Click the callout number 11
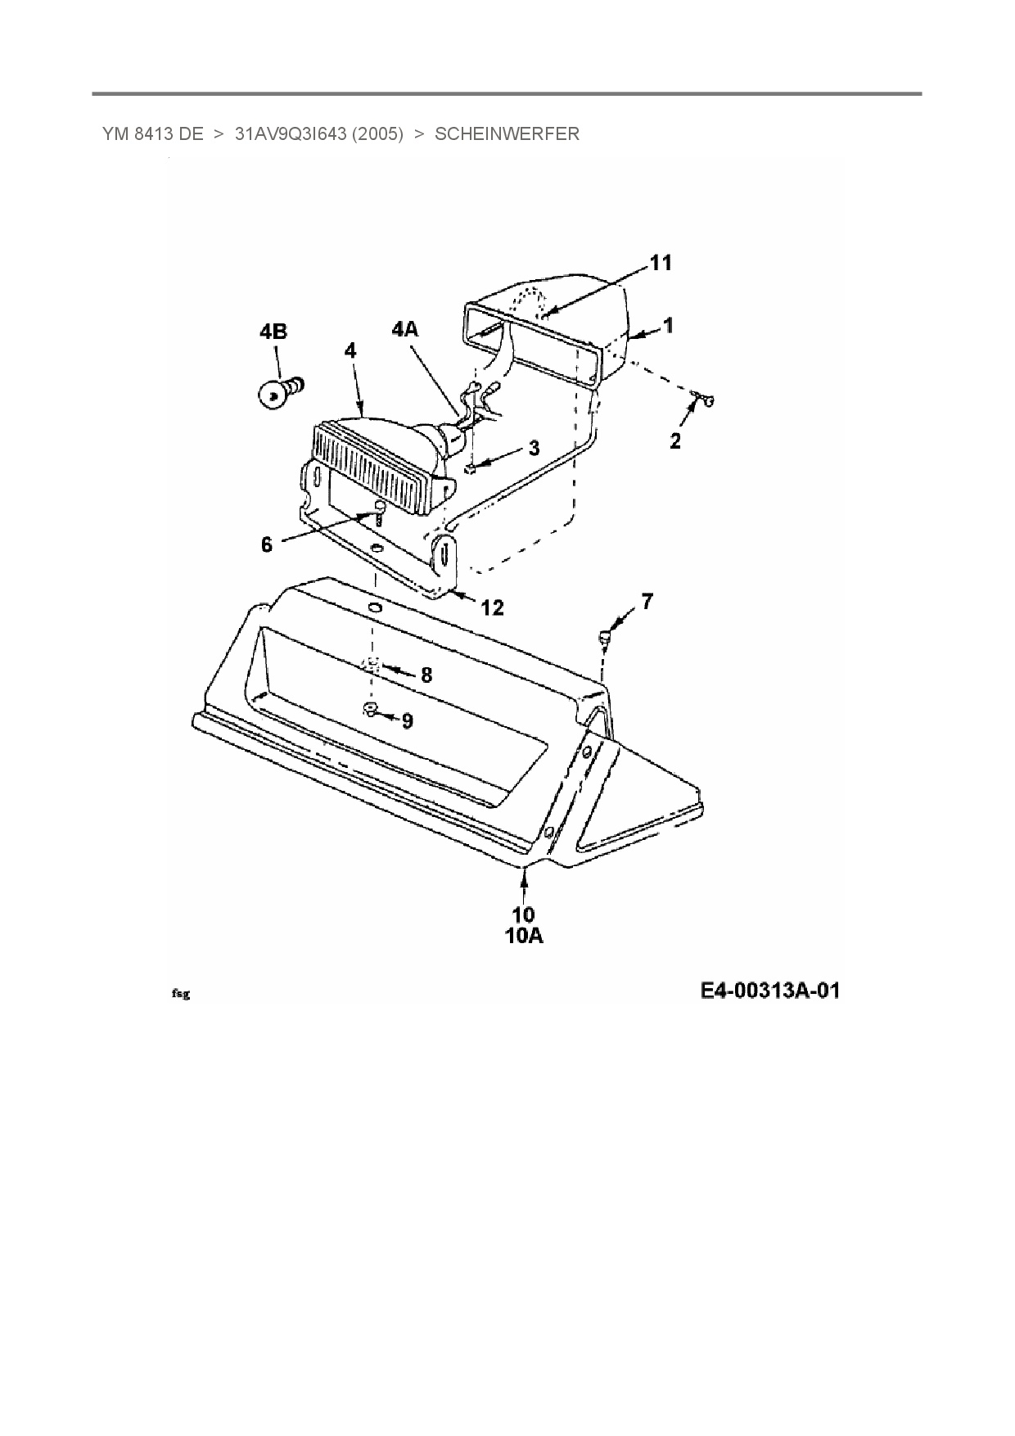(x=661, y=263)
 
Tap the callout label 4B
(x=273, y=332)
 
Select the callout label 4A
(x=405, y=329)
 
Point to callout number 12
(x=492, y=607)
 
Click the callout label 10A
(x=524, y=936)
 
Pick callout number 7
(x=647, y=602)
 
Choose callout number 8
(x=426, y=675)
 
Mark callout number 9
(x=407, y=720)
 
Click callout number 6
(x=267, y=544)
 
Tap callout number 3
(x=534, y=448)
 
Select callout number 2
(x=675, y=441)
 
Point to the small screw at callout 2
(x=702, y=400)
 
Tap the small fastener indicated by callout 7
(x=604, y=634)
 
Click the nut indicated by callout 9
(x=369, y=709)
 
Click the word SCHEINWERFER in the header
(x=507, y=134)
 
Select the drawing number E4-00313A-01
(x=769, y=991)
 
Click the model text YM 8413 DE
(x=153, y=134)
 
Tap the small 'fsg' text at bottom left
(x=181, y=994)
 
